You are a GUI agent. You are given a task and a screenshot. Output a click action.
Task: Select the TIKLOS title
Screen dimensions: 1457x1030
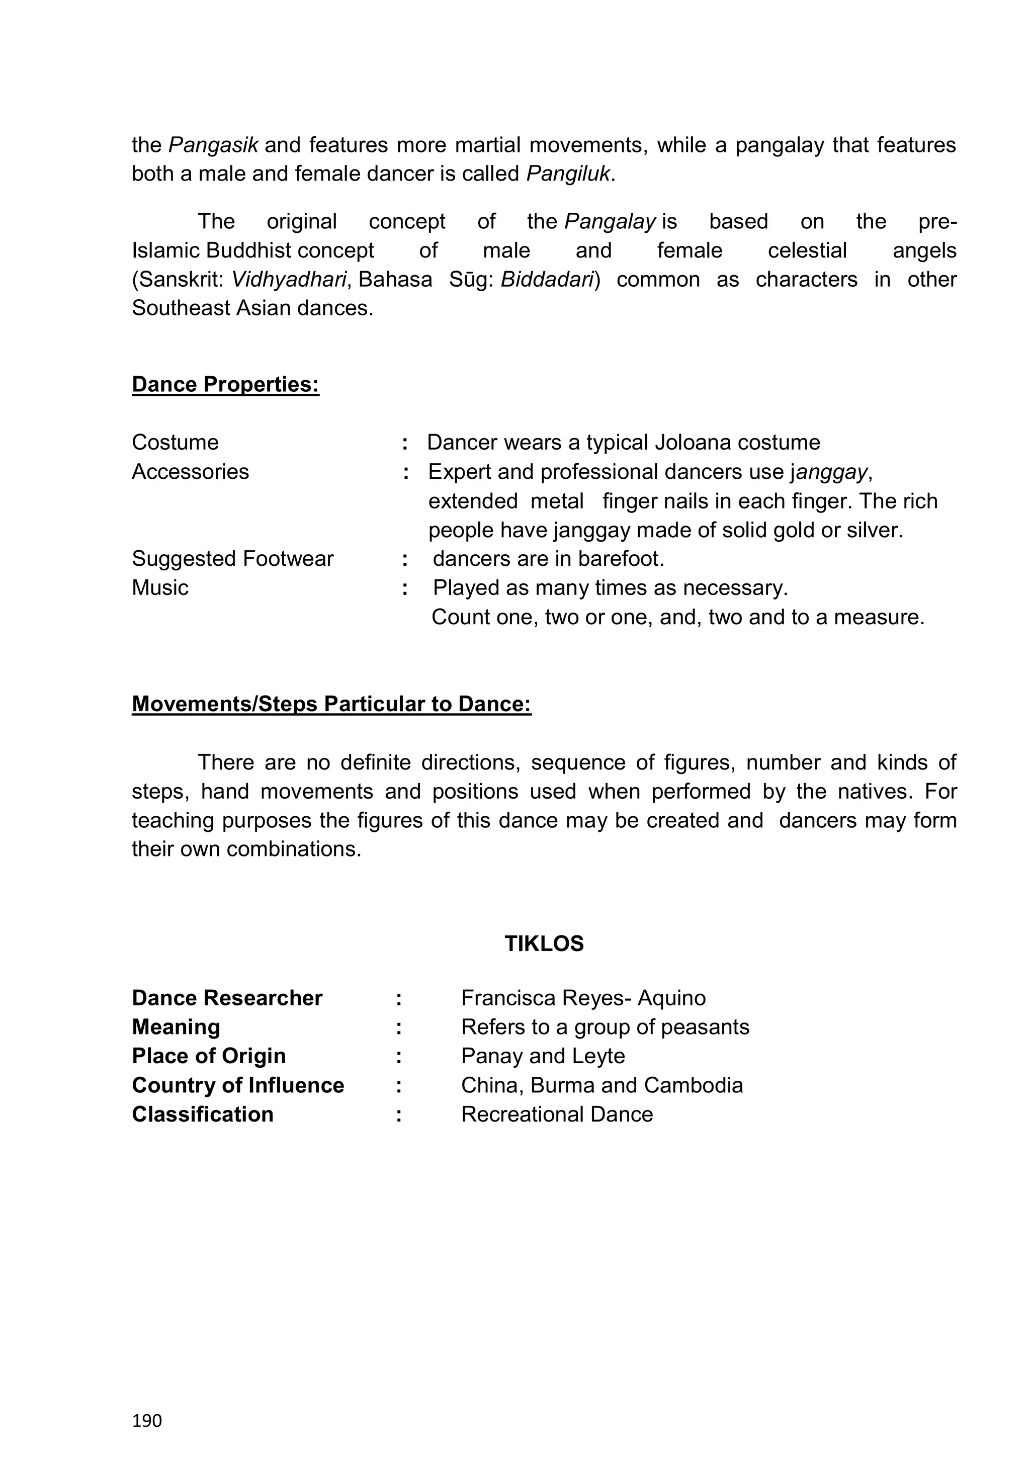[544, 944]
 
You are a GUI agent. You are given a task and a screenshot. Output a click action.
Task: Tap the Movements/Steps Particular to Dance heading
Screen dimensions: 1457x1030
[331, 704]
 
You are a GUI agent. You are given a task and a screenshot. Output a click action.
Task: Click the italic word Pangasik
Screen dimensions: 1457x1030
[213, 145]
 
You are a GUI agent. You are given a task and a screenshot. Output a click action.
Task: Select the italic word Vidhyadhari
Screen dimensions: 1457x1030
[289, 279]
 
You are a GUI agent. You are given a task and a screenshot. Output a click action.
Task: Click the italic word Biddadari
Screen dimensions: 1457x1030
[546, 279]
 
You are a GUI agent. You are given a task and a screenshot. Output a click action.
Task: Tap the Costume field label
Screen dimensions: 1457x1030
[175, 442]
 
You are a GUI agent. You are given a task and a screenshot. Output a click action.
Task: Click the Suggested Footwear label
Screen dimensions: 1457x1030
[232, 558]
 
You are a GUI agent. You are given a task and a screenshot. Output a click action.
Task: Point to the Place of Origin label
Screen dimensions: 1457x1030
[209, 1056]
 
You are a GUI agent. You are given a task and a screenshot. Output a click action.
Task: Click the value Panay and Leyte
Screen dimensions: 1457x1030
[543, 1056]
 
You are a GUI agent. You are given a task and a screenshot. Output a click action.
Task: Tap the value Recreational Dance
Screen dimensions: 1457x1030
[557, 1115]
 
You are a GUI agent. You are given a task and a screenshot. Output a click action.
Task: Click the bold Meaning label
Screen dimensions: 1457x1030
[176, 1027]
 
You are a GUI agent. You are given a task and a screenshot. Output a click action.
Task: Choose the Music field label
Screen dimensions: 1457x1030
[160, 587]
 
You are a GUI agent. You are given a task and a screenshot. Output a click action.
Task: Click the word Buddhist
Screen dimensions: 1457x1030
[249, 250]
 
